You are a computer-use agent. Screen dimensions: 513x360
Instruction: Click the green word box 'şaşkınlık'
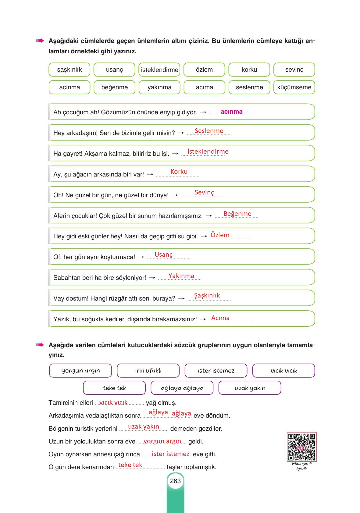click(70, 70)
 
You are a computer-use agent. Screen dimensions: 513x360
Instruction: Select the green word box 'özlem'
click(204, 70)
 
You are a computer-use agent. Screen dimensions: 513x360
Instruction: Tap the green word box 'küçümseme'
click(294, 87)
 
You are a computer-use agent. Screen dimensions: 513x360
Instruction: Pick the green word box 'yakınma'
click(159, 87)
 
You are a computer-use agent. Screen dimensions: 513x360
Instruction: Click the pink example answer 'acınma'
click(232, 112)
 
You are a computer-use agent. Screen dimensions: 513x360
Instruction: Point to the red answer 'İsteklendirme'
click(208, 151)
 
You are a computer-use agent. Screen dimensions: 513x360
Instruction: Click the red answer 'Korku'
click(179, 172)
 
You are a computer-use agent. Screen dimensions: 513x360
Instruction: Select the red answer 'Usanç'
click(163, 255)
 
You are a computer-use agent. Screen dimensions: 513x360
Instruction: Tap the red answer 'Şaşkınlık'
click(207, 295)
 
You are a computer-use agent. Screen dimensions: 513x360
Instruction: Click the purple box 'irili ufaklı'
click(148, 371)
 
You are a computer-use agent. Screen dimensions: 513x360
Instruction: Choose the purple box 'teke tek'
click(114, 388)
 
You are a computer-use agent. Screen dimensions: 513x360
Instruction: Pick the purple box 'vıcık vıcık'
click(283, 371)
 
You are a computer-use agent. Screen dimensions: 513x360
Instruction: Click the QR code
click(301, 447)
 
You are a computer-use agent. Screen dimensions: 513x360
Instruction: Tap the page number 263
click(175, 481)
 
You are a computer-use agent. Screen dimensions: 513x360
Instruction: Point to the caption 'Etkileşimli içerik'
click(301, 466)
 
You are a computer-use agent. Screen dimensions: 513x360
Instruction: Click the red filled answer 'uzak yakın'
click(144, 426)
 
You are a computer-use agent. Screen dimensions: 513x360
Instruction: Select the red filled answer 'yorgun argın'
click(162, 441)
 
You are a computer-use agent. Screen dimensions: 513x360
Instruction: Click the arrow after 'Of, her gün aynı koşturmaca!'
click(141, 257)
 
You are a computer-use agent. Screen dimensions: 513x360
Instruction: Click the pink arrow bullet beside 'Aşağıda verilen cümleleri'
click(40, 345)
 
